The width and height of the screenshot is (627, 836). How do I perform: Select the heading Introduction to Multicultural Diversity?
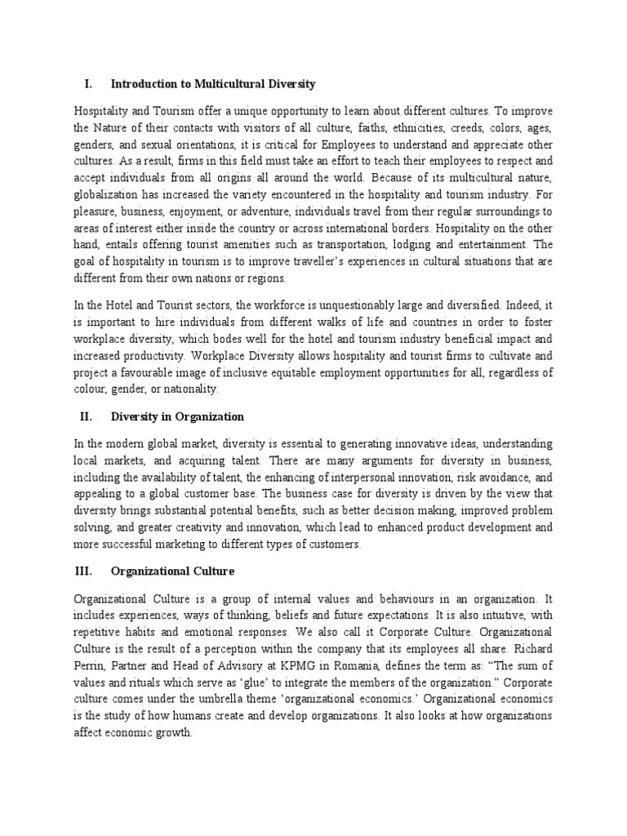213,84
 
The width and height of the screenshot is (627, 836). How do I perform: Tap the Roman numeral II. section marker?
87,416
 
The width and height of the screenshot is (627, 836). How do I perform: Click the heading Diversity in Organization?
177,416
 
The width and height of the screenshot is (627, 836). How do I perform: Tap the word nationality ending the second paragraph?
193,389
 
